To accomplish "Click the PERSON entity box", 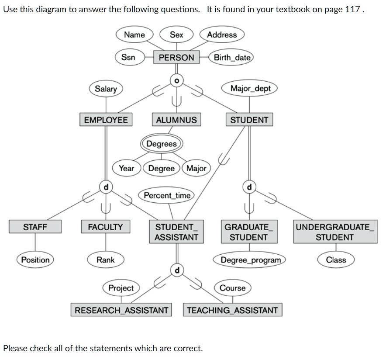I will [176, 57].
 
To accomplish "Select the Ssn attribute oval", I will [128, 57].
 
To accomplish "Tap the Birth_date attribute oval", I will [232, 57].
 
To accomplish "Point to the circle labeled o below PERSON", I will [176, 80].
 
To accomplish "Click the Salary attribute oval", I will [106, 89].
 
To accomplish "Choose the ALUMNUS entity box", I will [176, 120].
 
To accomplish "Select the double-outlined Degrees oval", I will [162, 144].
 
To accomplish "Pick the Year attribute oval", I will [127, 168].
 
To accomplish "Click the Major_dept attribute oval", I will [250, 88].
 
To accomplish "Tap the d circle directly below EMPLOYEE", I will [105, 187].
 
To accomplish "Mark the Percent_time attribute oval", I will [167, 195].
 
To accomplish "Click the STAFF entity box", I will [35, 227].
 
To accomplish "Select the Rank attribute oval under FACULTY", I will [106, 260].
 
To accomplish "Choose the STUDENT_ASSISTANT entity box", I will [176, 232].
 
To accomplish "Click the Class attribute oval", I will [336, 260].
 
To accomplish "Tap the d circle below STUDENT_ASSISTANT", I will [176, 271].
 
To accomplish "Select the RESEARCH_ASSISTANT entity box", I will [121, 310].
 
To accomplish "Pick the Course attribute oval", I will [232, 288].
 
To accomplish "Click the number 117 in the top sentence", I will [352, 10].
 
